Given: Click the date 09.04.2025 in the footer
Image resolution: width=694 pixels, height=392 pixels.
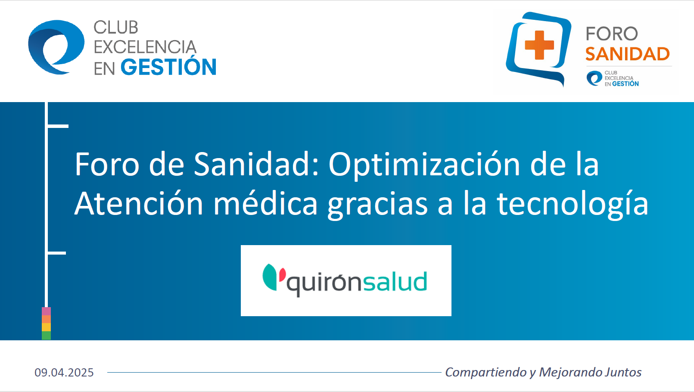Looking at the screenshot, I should pos(64,373).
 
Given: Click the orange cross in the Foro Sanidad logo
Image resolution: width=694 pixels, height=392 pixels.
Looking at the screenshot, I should pos(539,45).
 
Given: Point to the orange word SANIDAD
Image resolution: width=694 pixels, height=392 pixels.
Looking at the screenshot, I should pos(627,54).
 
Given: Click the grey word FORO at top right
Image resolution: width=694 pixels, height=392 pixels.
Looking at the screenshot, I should pos(612,34).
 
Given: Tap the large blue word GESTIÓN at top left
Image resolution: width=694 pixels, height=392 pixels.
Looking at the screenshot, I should pos(168,67).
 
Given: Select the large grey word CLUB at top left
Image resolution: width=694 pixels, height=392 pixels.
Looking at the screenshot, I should pos(116,28).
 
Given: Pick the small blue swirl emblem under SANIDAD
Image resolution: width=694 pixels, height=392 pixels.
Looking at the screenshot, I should pos(594,78).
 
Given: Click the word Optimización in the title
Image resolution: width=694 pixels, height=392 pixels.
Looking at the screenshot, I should pos(424,164).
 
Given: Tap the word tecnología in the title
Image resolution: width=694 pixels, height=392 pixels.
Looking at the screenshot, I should pos(573,204).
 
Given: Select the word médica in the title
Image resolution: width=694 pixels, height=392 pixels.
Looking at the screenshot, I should pos(265,204).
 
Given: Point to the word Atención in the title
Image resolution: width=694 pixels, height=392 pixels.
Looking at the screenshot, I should pos(139,204).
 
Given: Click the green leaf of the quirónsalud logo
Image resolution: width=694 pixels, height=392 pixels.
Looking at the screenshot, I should pos(270,277).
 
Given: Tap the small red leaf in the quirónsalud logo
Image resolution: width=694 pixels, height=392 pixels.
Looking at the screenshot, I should pos(282,274).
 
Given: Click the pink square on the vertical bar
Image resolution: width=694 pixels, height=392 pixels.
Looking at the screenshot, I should pos(47,311).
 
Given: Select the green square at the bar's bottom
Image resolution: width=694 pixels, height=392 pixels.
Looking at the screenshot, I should pos(47,336).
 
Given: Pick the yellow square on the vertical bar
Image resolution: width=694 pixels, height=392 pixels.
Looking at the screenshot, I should pos(47,327).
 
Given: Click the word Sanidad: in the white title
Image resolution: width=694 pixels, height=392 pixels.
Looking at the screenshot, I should pos(256,164).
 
